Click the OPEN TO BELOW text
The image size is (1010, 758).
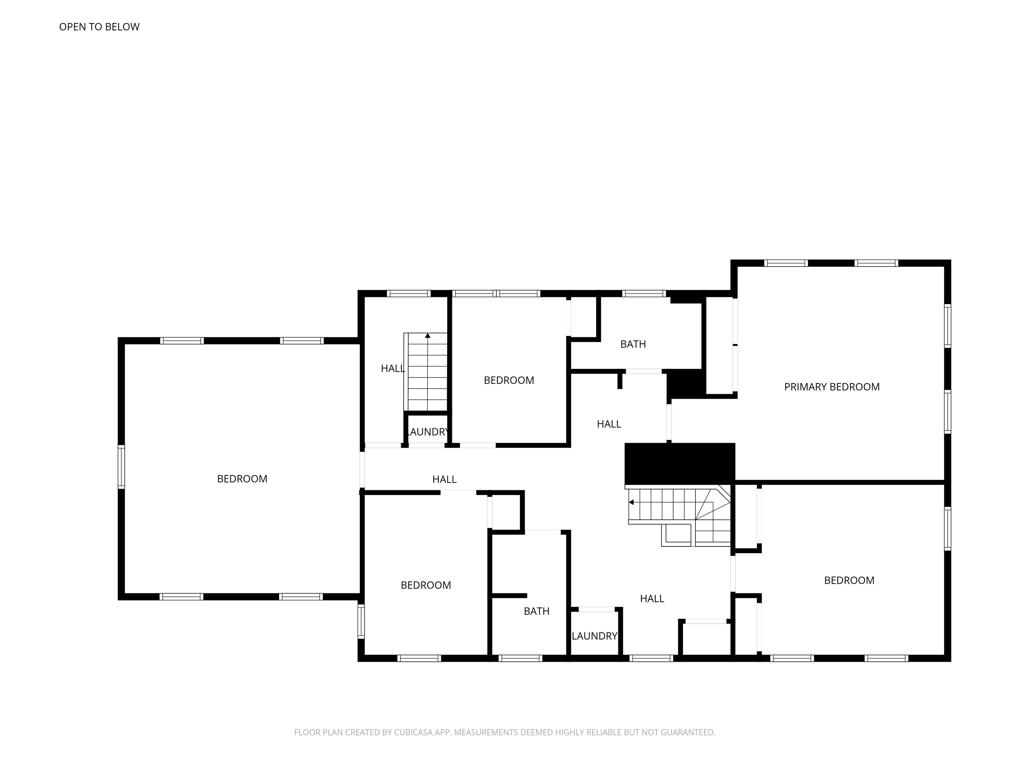pyautogui.click(x=99, y=27)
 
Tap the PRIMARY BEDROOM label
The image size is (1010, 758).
pyautogui.click(x=831, y=387)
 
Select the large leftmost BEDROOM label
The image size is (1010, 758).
pyautogui.click(x=242, y=479)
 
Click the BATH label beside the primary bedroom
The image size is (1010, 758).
pyautogui.click(x=633, y=344)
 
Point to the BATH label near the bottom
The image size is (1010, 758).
pyautogui.click(x=537, y=611)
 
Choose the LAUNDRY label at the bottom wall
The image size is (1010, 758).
pyautogui.click(x=594, y=636)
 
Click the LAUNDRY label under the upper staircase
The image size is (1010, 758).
pyautogui.click(x=428, y=432)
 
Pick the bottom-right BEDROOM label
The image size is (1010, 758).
pyautogui.click(x=849, y=580)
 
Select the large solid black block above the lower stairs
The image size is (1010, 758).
pyautogui.click(x=680, y=463)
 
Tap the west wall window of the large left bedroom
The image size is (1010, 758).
pyautogui.click(x=121, y=467)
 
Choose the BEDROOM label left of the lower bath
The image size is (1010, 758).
pyautogui.click(x=425, y=585)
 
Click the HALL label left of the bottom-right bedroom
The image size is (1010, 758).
pyautogui.click(x=652, y=598)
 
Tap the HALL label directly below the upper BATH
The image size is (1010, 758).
pyautogui.click(x=609, y=424)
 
